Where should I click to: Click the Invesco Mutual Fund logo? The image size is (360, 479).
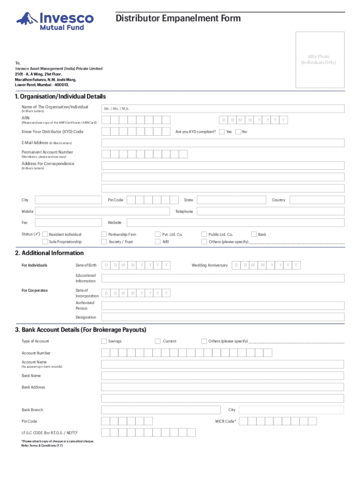[55, 21]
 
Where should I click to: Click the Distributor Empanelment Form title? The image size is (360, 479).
[178, 19]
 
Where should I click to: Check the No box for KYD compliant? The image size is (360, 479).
[238, 132]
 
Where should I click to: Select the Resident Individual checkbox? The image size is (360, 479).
[45, 234]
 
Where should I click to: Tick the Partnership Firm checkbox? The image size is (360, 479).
[104, 234]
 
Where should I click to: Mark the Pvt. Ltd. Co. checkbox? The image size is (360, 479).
[158, 234]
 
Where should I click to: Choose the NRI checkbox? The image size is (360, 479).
[158, 242]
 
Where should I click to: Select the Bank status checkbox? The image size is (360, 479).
[254, 234]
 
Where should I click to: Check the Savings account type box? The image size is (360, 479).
[104, 341]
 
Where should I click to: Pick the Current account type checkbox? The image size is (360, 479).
[158, 341]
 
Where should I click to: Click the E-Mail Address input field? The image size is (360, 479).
[223, 142]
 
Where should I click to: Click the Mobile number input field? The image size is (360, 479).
[102, 211]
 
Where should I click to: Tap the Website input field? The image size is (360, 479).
[235, 223]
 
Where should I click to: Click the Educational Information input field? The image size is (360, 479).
[223, 278]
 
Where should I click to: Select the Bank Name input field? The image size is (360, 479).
[223, 376]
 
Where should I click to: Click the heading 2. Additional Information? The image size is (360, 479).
[50, 253]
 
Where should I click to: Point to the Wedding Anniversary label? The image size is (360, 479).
[209, 266]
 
